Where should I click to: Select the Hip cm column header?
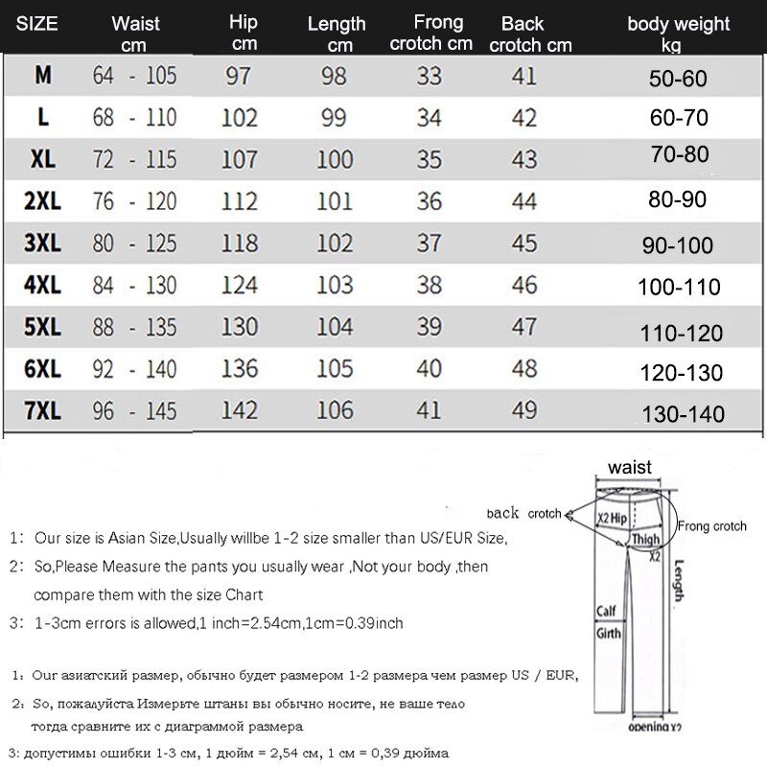244,34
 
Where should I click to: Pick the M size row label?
43,77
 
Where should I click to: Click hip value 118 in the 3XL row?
240,244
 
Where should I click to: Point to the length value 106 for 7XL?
335,410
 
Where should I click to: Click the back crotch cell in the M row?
524,77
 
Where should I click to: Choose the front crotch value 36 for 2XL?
429,201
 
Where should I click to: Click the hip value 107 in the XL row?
240,159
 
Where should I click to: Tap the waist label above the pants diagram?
629,468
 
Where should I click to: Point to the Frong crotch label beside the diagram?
711,526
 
